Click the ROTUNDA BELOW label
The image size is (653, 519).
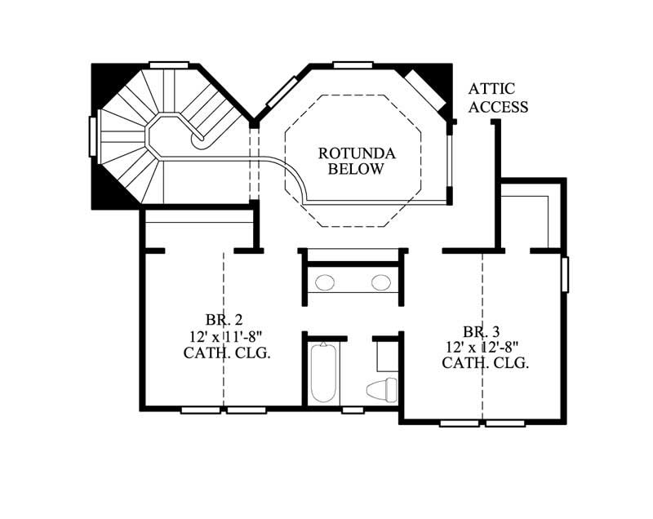[356, 161]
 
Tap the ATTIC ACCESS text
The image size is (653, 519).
[498, 97]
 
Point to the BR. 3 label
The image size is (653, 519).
[482, 331]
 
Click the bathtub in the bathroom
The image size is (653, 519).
[323, 373]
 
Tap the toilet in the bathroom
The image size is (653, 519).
[381, 389]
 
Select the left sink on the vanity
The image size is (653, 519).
[325, 283]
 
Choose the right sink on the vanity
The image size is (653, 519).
[381, 283]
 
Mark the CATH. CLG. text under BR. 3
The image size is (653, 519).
[486, 363]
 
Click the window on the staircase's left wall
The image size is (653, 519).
[93, 136]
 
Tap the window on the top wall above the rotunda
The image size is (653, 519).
[353, 65]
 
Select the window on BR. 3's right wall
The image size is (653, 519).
[565, 273]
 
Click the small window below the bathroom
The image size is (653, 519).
[353, 410]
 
